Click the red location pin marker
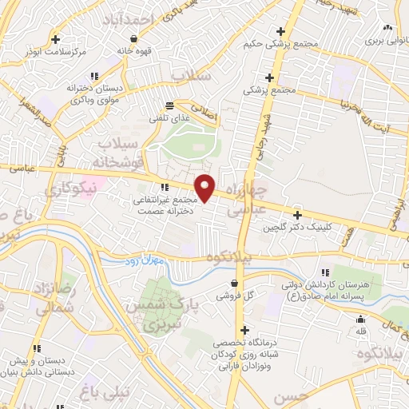click(205, 188)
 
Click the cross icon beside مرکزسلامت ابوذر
click(55, 38)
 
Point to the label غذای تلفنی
click(165, 117)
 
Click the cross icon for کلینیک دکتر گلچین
click(297, 215)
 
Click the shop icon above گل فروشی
click(233, 283)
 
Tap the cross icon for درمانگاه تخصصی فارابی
click(244, 330)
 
